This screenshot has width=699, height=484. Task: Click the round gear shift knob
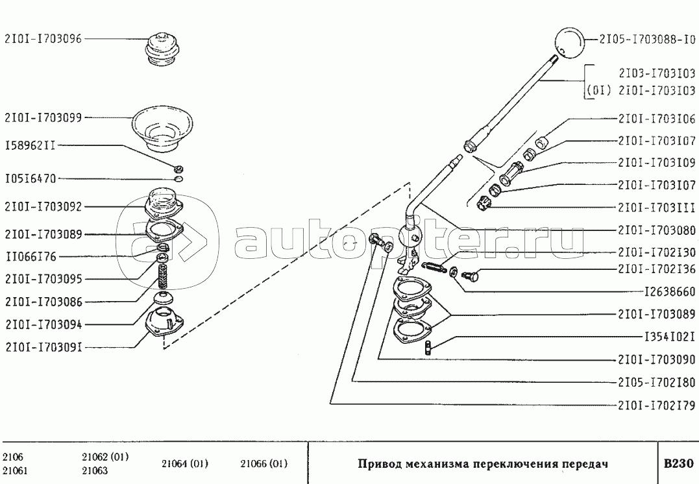click(x=569, y=42)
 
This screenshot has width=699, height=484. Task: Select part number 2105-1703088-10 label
click(x=647, y=40)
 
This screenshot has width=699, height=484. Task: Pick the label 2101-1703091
click(x=43, y=346)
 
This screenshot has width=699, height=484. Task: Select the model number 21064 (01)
click(x=184, y=463)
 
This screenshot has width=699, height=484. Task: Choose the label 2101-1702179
click(x=656, y=405)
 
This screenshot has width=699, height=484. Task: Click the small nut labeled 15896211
click(x=178, y=169)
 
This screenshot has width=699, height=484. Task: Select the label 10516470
click(x=31, y=178)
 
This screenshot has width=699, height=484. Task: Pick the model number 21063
click(x=95, y=470)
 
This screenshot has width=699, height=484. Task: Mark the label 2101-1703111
click(x=656, y=207)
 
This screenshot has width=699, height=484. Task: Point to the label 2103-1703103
click(x=657, y=73)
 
